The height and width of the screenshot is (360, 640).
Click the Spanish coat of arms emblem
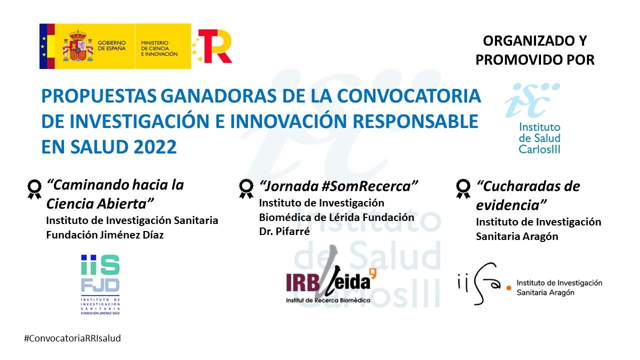click(78, 45)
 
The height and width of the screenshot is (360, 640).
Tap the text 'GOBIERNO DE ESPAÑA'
click(111, 45)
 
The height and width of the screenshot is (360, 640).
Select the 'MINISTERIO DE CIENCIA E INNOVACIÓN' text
click(159, 48)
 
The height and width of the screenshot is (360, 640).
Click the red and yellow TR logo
click(213, 45)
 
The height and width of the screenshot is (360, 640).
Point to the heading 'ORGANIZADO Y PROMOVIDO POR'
click(535, 50)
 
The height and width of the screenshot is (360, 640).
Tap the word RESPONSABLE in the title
click(415, 121)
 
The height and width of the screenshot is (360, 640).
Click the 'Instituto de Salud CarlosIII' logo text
click(539, 138)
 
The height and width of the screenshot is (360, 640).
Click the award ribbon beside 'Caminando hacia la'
click(34, 189)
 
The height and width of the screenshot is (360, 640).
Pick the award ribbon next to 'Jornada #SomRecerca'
click(246, 188)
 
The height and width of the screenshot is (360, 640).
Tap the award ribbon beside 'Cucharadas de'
click(463, 188)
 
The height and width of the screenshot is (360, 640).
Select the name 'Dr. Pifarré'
click(284, 231)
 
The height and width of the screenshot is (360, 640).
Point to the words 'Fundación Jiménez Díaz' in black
click(105, 235)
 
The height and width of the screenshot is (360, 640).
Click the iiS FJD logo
click(100, 284)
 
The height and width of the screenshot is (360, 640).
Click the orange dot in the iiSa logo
click(508, 288)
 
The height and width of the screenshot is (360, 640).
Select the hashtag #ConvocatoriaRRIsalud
click(72, 338)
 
